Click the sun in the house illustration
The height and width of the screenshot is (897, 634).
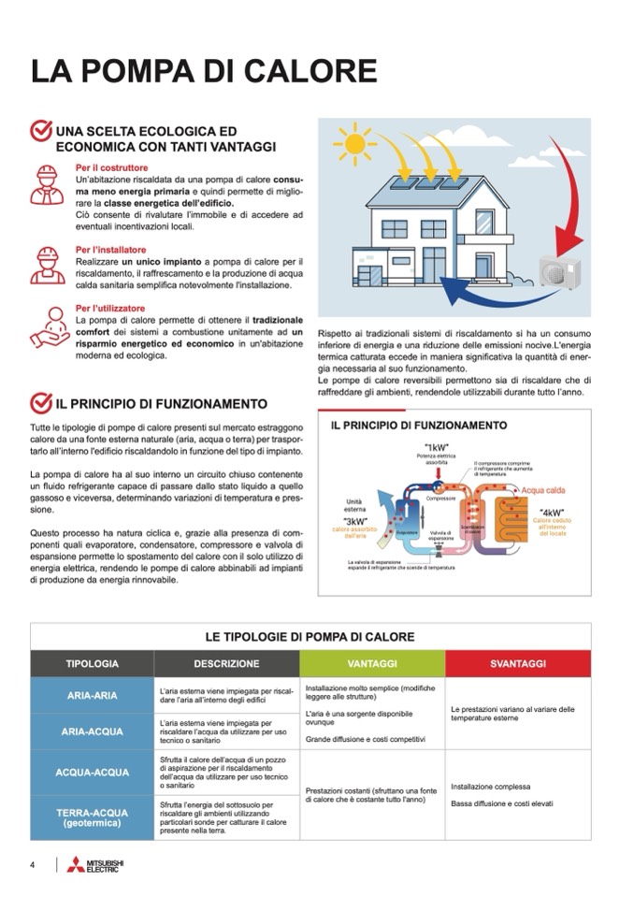pyautogui.click(x=354, y=144)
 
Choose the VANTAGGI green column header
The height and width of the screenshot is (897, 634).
pyautogui.click(x=371, y=663)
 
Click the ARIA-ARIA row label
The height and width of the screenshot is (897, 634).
pyautogui.click(x=92, y=696)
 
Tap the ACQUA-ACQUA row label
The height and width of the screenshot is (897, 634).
pyautogui.click(x=92, y=773)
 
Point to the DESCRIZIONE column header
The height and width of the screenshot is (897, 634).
pyautogui.click(x=226, y=663)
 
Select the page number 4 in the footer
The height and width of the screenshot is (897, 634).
pyautogui.click(x=33, y=865)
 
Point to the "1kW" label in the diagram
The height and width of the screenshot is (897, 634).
pyautogui.click(x=437, y=447)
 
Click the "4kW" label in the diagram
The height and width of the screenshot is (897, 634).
pyautogui.click(x=552, y=512)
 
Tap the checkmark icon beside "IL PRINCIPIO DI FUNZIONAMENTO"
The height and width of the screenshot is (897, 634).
pyautogui.click(x=41, y=403)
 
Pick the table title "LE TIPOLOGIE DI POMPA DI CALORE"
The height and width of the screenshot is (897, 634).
pyautogui.click(x=310, y=637)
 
